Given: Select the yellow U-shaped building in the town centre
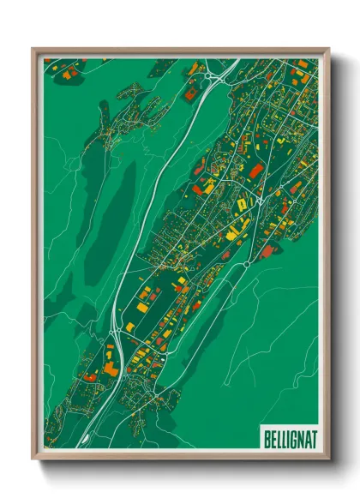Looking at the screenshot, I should pyautogui.click(x=242, y=204).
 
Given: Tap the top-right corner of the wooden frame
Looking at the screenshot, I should pyautogui.click(x=328, y=50).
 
